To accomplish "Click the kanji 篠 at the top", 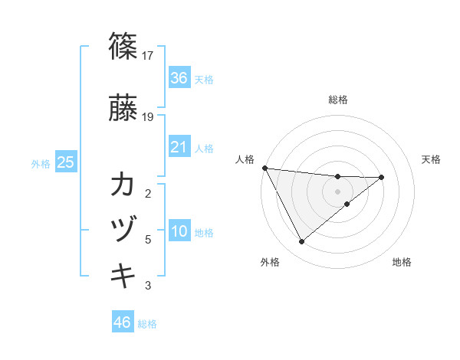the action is pyautogui.click(x=123, y=47).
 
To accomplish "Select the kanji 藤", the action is pyautogui.click(x=123, y=109).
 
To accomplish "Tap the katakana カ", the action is pyautogui.click(x=123, y=185).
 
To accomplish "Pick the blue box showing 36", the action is pyautogui.click(x=179, y=78).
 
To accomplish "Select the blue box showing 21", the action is pyautogui.click(x=179, y=147).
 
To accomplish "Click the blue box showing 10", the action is pyautogui.click(x=179, y=232).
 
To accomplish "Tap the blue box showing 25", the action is pyautogui.click(x=65, y=162).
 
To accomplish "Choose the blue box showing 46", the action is pyautogui.click(x=123, y=322).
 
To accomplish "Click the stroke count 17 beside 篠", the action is pyautogui.click(x=148, y=56).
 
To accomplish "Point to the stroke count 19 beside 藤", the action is pyautogui.click(x=148, y=117).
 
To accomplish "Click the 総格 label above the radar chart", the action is pyautogui.click(x=338, y=100).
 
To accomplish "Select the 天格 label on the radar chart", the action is pyautogui.click(x=432, y=159).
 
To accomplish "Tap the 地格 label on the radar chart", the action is pyautogui.click(x=402, y=262).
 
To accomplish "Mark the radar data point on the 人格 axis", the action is pyautogui.click(x=264, y=168).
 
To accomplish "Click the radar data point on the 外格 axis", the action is pyautogui.click(x=301, y=242).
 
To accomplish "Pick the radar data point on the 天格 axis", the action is pyautogui.click(x=382, y=177).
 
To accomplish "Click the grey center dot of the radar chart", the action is pyautogui.click(x=337, y=191).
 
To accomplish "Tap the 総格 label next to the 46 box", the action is pyautogui.click(x=147, y=323).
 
